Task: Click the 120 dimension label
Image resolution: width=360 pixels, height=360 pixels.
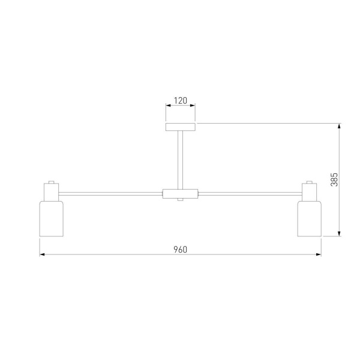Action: (x=180, y=101)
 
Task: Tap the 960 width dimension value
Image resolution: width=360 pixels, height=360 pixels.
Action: (x=180, y=250)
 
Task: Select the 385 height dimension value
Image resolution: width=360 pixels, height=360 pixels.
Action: (x=334, y=179)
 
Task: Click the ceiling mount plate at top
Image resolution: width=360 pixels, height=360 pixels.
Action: (x=181, y=127)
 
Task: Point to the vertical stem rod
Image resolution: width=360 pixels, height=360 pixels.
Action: (x=181, y=160)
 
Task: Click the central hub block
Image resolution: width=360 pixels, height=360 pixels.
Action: (x=180, y=194)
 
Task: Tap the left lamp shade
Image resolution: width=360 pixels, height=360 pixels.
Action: (x=52, y=218)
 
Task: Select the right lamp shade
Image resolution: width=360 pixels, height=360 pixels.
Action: (x=310, y=218)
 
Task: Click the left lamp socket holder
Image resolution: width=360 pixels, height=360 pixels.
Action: (x=51, y=192)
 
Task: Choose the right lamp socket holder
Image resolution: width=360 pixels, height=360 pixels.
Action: (x=310, y=192)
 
